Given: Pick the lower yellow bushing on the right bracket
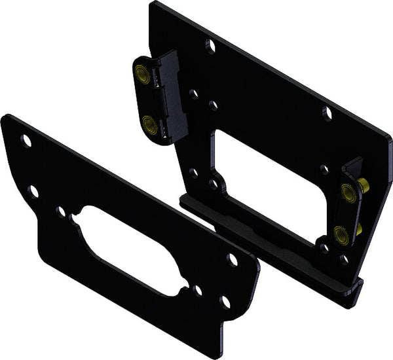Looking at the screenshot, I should [340, 232].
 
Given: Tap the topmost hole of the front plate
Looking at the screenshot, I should [26, 139].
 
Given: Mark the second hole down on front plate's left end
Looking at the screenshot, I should [33, 190].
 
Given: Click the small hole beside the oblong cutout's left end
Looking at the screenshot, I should [61, 211].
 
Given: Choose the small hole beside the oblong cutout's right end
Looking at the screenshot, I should [198, 289].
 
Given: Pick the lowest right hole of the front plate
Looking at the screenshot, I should [225, 301].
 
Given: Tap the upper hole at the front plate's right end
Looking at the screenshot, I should [232, 259].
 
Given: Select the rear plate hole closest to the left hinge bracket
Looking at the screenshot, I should [193, 94].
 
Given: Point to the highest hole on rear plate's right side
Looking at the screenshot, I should [327, 111].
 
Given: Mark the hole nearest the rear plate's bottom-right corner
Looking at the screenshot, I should [345, 260].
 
